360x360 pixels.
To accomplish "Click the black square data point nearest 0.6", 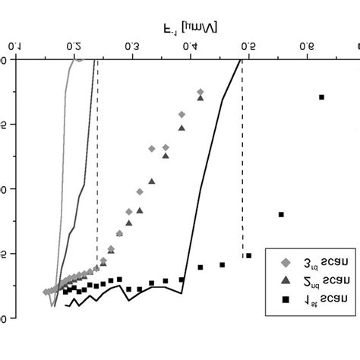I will coord(321,97).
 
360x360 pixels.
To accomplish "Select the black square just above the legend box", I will coord(281,215).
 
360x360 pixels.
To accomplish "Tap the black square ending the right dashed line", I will coord(248,255).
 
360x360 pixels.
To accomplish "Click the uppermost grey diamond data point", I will coord(200,90).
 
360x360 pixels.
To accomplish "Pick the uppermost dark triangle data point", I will coord(200,97).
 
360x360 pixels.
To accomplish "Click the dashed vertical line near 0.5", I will coord(242,152).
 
